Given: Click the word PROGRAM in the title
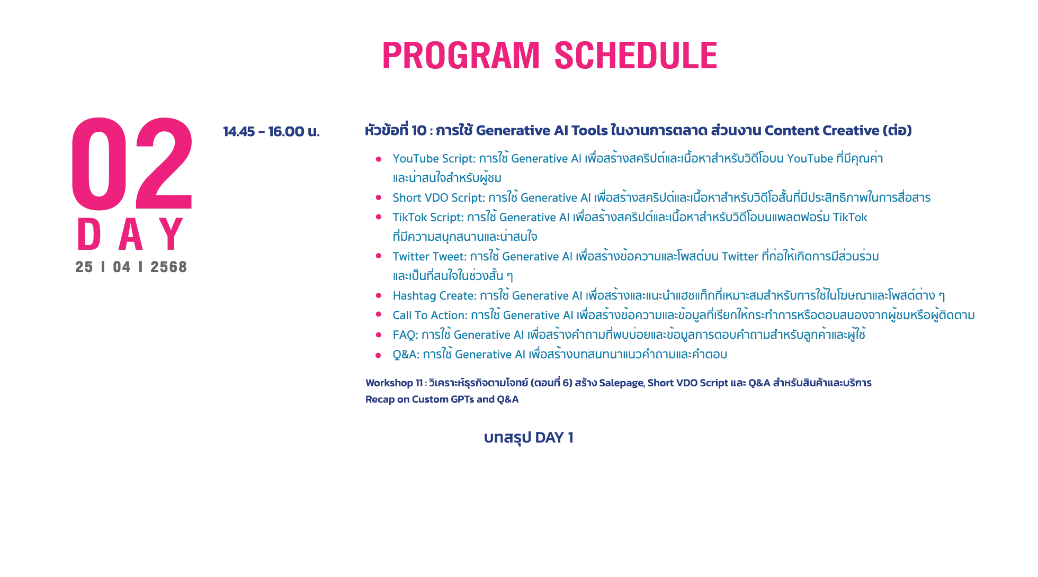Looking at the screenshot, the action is point(461,56).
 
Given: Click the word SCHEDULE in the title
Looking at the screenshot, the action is point(636,56).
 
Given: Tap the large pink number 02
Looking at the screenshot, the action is point(132,164).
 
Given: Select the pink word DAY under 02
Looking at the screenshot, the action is point(131,234).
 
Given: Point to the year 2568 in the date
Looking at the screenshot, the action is point(168,267).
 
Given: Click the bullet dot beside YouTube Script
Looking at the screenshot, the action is point(378,159).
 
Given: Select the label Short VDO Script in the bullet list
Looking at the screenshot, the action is point(439,198).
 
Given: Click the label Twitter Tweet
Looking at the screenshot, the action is point(429,257).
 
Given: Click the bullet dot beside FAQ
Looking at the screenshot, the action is point(378,335).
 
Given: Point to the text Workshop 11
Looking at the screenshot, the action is point(394,383).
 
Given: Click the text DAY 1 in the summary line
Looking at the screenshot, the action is point(554,438).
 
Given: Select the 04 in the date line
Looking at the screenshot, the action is point(121,267).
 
